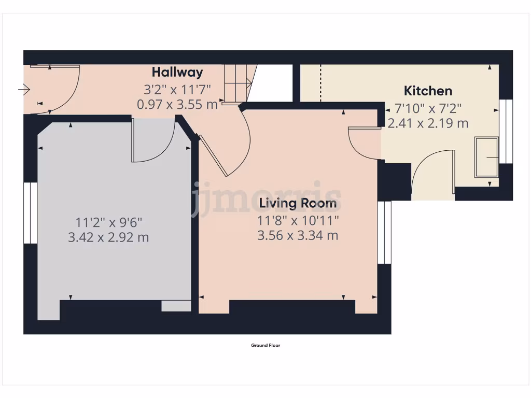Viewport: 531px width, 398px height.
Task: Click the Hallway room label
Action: click(x=177, y=72)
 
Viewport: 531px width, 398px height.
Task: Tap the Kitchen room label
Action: click(x=428, y=91)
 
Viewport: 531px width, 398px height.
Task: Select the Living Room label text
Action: click(x=298, y=203)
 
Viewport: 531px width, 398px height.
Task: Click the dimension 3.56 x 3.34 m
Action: click(x=298, y=235)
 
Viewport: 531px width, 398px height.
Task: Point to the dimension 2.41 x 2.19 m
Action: click(x=428, y=123)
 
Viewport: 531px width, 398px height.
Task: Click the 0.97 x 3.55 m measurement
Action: click(x=177, y=104)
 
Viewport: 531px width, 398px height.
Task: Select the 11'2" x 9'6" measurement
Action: click(x=108, y=222)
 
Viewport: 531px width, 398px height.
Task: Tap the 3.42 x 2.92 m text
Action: click(x=108, y=238)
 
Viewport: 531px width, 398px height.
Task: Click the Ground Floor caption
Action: click(x=265, y=346)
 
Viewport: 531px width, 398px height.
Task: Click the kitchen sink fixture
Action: click(x=487, y=157)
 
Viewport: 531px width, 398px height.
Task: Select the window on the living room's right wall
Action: click(x=384, y=233)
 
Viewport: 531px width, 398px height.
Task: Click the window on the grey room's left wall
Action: click(x=31, y=213)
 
